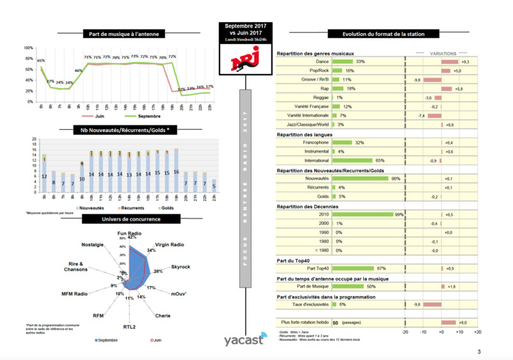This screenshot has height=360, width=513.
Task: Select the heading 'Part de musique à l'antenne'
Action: tap(123, 34)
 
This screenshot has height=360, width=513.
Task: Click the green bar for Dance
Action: tap(343, 62)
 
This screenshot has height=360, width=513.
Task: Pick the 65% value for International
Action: tap(379, 160)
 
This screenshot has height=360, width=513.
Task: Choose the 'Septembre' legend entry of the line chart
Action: tap(147, 116)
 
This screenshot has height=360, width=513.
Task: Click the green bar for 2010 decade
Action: tap(363, 214)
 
